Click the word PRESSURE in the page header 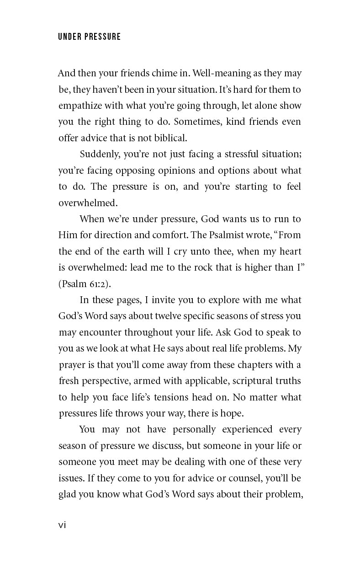(x=102, y=37)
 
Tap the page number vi (x=62, y=525)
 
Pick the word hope (x=232, y=413)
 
